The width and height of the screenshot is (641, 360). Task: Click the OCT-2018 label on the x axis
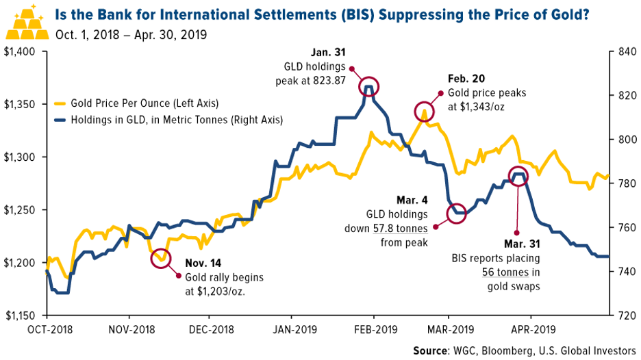click(x=47, y=328)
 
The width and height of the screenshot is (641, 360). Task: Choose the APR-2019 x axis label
click(x=531, y=328)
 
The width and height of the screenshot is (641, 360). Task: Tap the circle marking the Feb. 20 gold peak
click(x=424, y=111)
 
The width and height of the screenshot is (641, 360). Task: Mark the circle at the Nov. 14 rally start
click(x=160, y=259)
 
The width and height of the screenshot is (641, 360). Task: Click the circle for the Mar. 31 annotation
click(x=518, y=175)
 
